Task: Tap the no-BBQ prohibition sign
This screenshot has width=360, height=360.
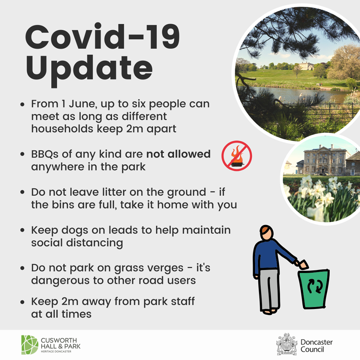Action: point(237,156)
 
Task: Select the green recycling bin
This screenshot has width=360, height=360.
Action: point(313,289)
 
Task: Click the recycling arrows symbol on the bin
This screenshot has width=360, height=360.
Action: point(315,286)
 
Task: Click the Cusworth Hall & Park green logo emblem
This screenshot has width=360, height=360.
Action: point(30,345)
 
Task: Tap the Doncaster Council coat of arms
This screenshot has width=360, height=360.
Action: point(286,344)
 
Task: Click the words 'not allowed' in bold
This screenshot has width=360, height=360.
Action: point(178,154)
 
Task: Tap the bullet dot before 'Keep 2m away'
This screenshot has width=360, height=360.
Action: point(22,302)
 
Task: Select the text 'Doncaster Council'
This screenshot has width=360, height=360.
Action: point(316,346)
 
